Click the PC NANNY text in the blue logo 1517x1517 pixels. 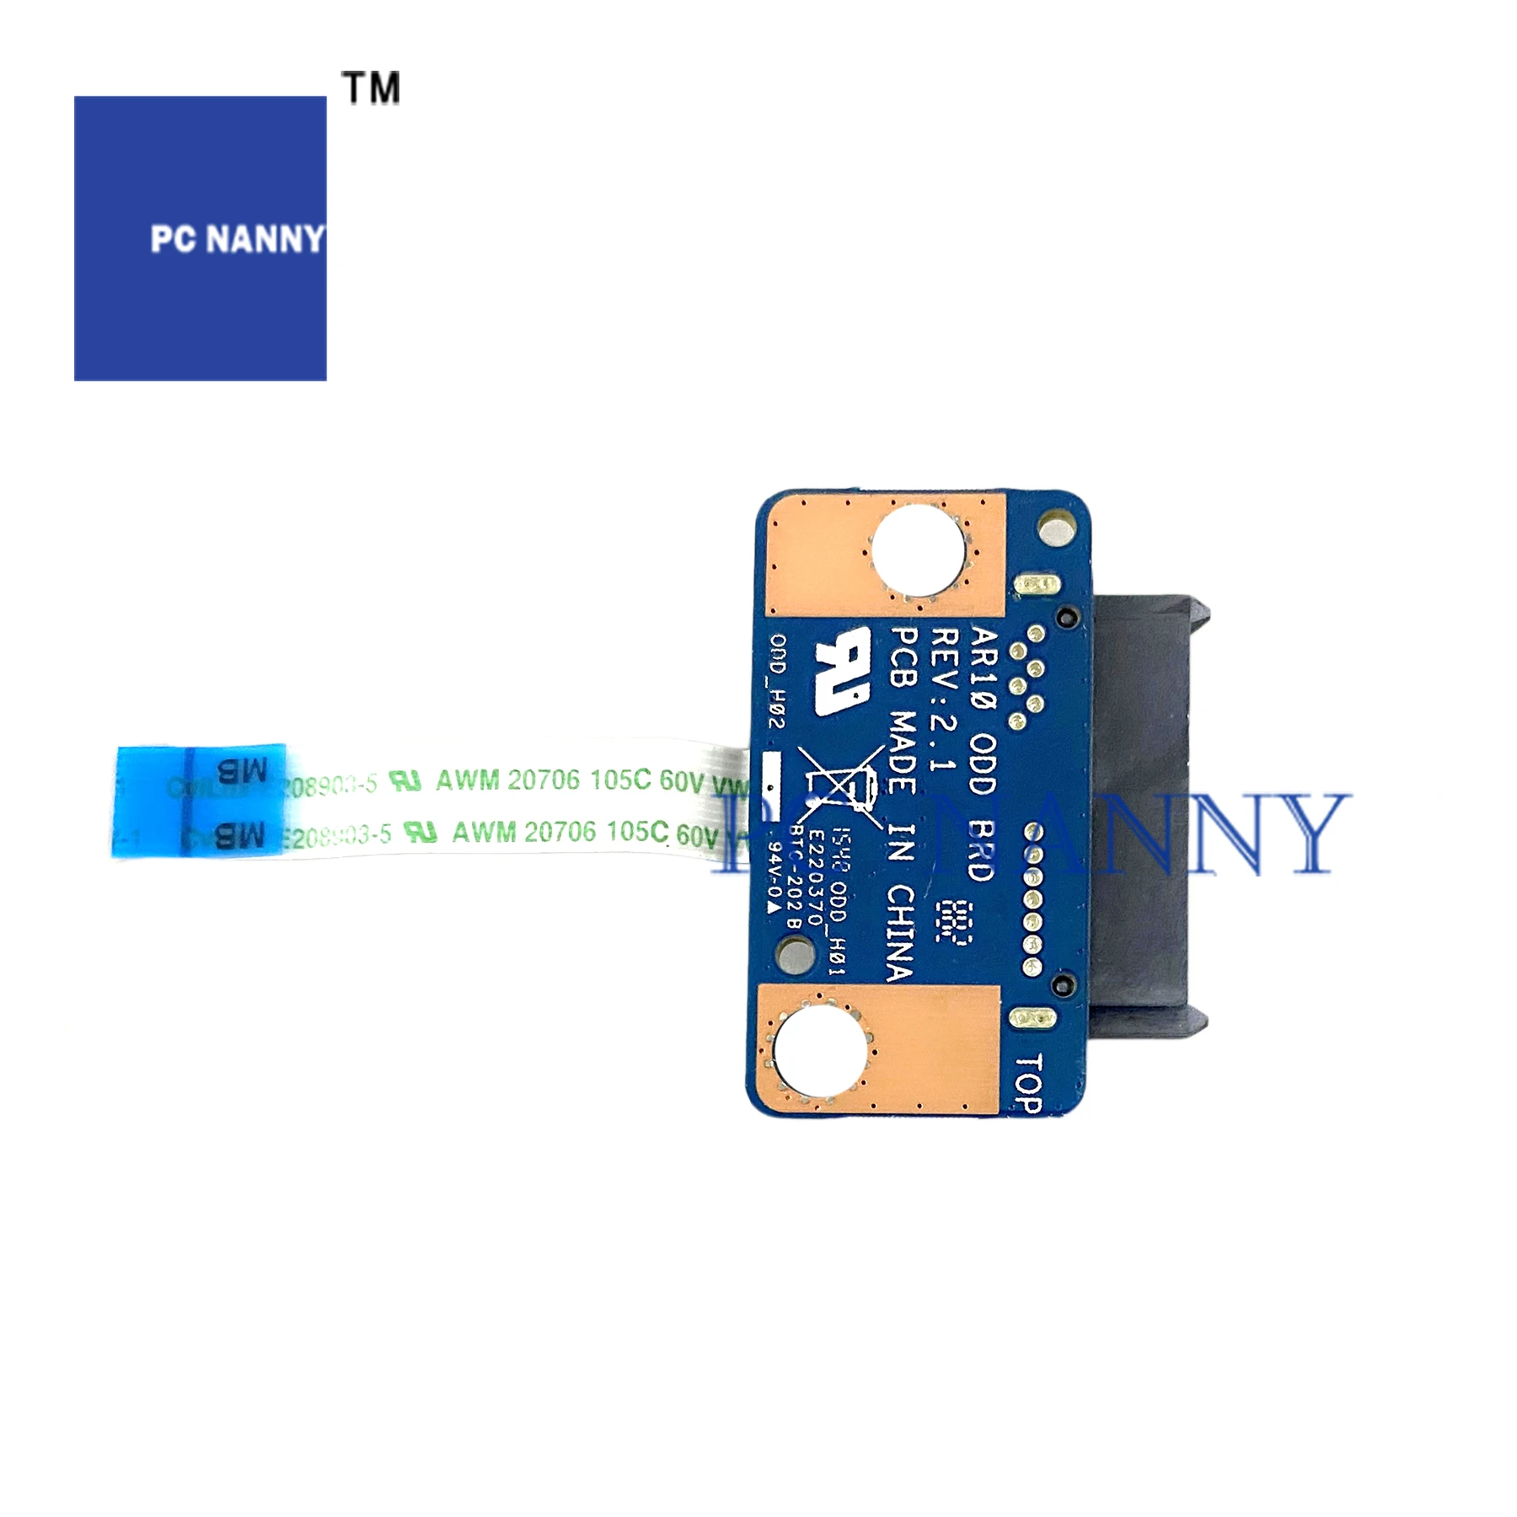click(x=237, y=239)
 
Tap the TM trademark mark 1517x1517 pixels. click(x=371, y=88)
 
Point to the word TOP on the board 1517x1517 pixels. click(x=1028, y=1083)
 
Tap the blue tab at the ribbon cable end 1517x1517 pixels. click(x=199, y=801)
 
